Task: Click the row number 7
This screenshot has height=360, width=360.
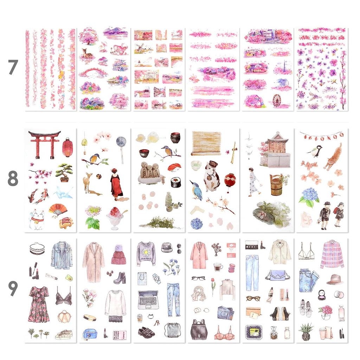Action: point(13,67)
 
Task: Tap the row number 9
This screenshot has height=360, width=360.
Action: point(13,288)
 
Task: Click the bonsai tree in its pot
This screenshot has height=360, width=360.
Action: point(64,172)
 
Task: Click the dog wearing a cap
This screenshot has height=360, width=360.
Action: point(212,176)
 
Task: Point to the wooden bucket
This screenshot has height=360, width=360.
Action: point(277,185)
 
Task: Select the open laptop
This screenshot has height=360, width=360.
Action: point(148,300)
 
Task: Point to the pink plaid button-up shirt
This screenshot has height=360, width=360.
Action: point(332,254)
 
